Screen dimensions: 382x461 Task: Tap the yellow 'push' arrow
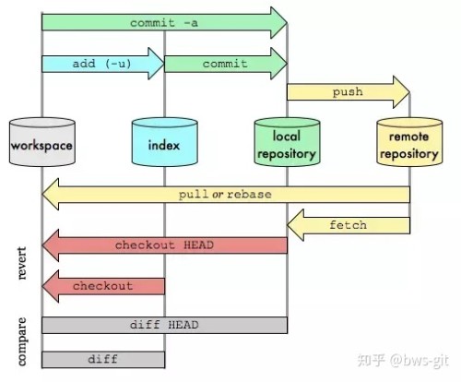click(x=346, y=92)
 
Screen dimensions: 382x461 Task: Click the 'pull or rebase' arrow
click(x=226, y=195)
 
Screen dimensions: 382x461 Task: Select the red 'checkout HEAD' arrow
click(x=166, y=245)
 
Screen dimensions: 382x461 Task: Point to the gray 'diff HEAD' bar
click(x=164, y=325)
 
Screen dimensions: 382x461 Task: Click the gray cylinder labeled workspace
click(x=41, y=146)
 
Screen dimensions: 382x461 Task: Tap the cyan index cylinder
click(x=164, y=146)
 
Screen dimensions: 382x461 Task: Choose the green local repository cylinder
click(x=287, y=146)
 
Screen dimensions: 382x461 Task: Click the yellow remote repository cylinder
click(x=408, y=146)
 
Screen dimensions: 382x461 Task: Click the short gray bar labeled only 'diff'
click(x=102, y=358)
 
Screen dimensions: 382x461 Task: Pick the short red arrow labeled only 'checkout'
click(x=102, y=285)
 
